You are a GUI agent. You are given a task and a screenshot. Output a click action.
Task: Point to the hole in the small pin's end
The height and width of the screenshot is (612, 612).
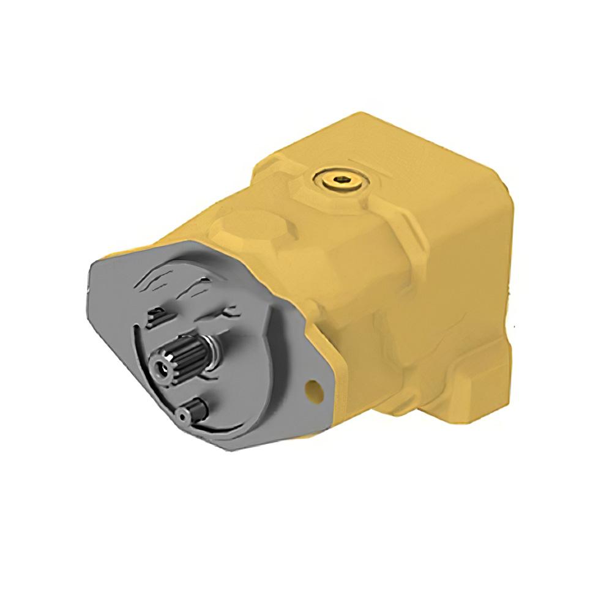(x=183, y=416)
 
